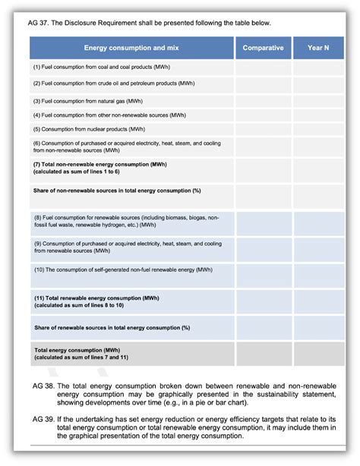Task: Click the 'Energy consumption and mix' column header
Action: pyautogui.click(x=132, y=48)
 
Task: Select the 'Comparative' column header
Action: pyautogui.click(x=263, y=48)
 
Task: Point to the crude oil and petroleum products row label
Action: pyautogui.click(x=113, y=83)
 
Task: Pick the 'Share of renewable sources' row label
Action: pyautogui.click(x=111, y=328)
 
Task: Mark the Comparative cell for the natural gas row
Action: pyautogui.click(x=263, y=99)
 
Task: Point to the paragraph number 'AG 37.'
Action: pyautogui.click(x=43, y=23)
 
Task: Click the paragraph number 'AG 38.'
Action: pyautogui.click(x=43, y=386)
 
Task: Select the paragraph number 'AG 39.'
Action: pyautogui.click(x=43, y=420)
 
